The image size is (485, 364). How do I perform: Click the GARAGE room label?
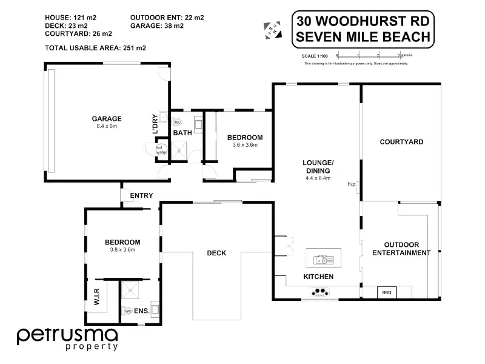(107, 119)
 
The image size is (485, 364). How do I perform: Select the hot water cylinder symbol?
(161, 149)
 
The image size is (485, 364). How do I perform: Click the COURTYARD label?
(401, 142)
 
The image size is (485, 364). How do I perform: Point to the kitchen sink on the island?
(323, 260)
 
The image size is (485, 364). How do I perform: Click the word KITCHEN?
(318, 277)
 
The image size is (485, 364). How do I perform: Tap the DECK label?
(216, 253)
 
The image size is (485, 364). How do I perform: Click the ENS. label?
(142, 311)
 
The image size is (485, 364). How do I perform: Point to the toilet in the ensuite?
(127, 311)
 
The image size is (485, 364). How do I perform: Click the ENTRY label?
(141, 195)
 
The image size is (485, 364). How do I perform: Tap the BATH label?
(182, 133)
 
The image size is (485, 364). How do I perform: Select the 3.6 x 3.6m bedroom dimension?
(245, 145)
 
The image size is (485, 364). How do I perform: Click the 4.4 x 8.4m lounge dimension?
(318, 178)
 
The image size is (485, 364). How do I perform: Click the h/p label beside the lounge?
(351, 184)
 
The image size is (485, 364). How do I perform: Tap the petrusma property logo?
(67, 338)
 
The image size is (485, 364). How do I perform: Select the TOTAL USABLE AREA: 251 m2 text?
(95, 47)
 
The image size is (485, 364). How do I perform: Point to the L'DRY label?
(155, 124)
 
